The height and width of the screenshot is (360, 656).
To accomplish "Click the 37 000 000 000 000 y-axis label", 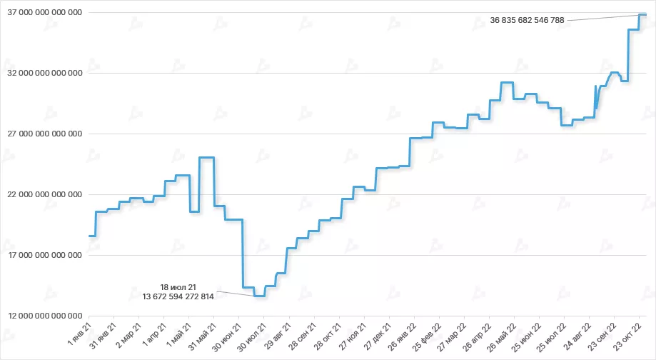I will (x=44, y=13).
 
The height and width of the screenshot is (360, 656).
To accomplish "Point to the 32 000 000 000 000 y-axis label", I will (x=44, y=73).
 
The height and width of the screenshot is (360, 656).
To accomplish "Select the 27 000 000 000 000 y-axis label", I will (x=44, y=134).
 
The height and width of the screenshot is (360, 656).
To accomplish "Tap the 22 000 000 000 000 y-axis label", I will (x=44, y=194).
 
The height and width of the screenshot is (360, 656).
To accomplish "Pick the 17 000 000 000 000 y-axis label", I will (x=44, y=255).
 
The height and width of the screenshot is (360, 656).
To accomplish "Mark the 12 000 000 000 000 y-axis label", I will (x=44, y=316).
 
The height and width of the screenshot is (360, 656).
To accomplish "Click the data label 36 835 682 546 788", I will (x=527, y=20).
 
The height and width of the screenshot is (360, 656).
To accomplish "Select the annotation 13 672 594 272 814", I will (x=178, y=296).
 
